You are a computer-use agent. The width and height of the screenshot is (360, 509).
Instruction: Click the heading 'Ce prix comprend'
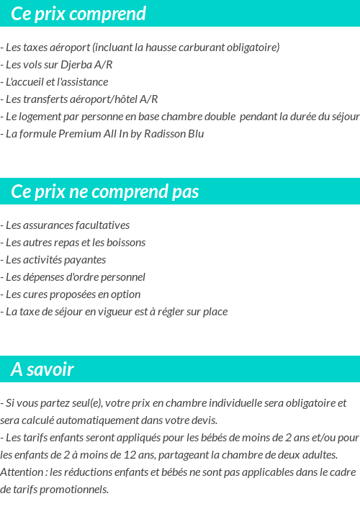[78, 14]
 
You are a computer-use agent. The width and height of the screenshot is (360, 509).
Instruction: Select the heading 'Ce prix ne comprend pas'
[105, 192]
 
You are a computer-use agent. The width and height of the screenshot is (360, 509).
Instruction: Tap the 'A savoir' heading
[42, 369]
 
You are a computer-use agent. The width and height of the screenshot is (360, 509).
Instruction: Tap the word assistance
[85, 82]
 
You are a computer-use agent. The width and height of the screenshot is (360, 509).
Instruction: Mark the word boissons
[126, 243]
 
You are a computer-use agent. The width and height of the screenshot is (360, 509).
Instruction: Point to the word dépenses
[42, 277]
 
